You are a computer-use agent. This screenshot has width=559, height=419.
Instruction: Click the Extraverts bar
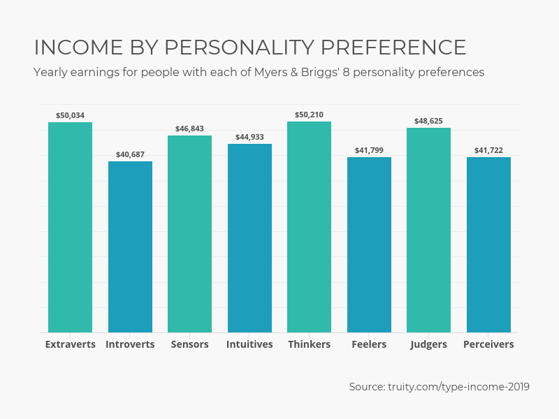point(71,228)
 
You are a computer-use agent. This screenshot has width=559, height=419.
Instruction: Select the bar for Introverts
point(130,247)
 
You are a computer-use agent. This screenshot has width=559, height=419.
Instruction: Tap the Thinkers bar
point(309,227)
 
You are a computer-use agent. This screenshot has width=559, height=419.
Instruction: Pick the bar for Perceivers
point(488,245)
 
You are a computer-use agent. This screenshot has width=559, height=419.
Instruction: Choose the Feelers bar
point(369,245)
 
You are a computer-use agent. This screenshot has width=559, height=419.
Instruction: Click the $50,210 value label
point(309,115)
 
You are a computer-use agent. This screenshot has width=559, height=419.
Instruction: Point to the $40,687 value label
point(130,154)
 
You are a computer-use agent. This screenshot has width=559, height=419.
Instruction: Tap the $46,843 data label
point(189,128)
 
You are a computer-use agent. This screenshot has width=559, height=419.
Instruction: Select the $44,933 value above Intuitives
point(249,137)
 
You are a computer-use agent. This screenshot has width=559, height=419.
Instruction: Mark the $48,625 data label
point(428,121)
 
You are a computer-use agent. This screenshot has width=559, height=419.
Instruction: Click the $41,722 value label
point(488,150)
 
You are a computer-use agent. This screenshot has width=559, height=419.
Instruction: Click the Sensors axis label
point(189,344)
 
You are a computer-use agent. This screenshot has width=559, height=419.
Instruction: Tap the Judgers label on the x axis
point(428,344)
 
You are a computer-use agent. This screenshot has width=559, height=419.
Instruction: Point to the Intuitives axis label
point(249,344)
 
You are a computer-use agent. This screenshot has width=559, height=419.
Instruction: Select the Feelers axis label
point(369,344)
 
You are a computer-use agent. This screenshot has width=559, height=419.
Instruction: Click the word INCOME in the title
point(78,47)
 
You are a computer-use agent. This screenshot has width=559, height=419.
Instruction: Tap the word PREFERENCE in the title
point(393,47)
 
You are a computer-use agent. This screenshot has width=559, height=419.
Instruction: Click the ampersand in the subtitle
point(294,73)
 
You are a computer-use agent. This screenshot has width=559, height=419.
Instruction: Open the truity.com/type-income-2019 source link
point(458,387)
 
